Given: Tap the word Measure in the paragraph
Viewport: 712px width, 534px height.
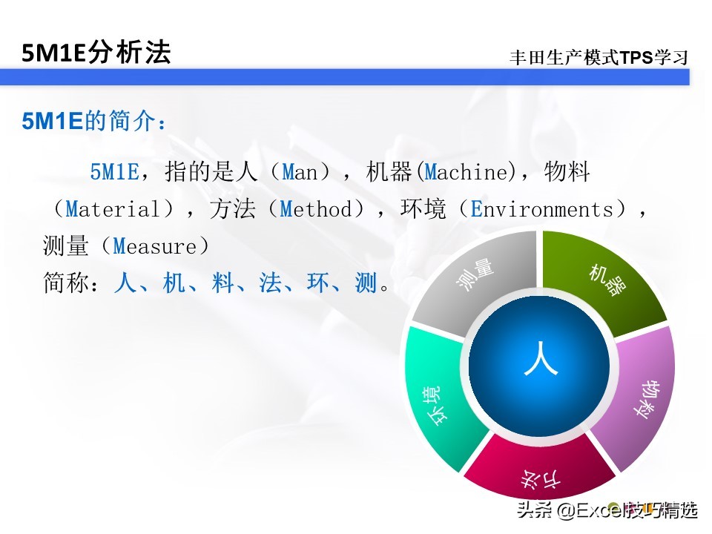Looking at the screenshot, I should tap(155, 246).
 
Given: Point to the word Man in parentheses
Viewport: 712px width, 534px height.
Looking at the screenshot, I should tap(300, 173).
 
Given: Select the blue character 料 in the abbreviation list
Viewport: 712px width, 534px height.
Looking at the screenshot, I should tap(222, 283).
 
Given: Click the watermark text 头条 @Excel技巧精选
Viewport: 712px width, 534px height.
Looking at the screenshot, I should tap(607, 510).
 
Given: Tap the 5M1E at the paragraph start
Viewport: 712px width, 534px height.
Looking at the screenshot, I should tap(115, 173).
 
